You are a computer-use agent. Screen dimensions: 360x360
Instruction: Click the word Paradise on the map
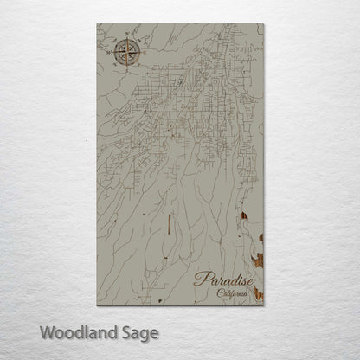coord(224,279)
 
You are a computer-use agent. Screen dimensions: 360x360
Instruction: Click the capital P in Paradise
coord(201,279)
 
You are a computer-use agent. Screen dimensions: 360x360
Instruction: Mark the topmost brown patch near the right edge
coord(246,217)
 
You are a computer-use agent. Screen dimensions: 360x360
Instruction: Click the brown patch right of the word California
coord(259,297)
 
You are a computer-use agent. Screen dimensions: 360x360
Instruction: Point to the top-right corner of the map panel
coord(264,24)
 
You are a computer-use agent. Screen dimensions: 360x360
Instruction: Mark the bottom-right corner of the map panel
coord(264,304)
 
